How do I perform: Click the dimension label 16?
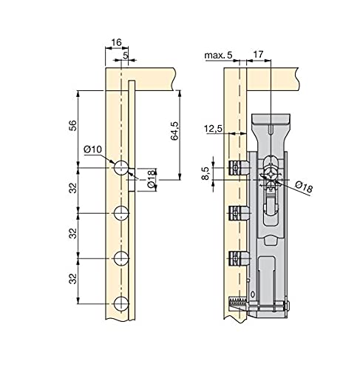coord(116,42)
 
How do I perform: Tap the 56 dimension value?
coord(73,126)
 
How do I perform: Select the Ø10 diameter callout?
coord(92,149)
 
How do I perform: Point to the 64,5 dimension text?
coord(174,131)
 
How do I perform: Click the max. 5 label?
coord(218,55)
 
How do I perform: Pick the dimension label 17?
coord(258,54)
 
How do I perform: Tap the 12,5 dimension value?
coord(213,129)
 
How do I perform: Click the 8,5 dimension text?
coord(206,173)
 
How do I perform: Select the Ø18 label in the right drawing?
coord(304,186)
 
